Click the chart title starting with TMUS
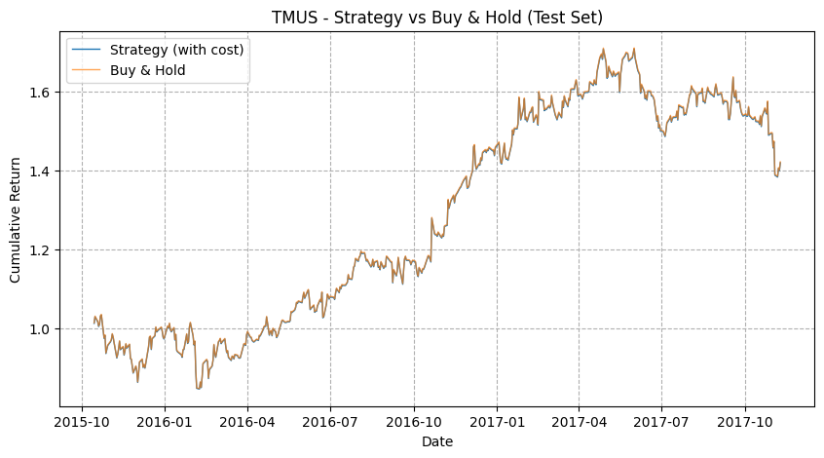pos(436,18)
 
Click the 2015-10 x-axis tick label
pos(82,422)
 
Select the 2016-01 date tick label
pos(165,422)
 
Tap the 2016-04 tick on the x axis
pos(247,422)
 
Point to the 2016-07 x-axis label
pos(330,422)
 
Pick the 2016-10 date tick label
pos(414,422)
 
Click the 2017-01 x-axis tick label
pos(497,422)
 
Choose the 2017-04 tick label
pos(580,422)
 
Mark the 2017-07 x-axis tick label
pos(661,422)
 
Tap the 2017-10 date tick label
pos(745,422)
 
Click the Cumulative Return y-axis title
pos(15,220)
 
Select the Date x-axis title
pos(437,441)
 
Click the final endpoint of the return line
pos(780,163)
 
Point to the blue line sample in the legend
pos(86,50)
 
